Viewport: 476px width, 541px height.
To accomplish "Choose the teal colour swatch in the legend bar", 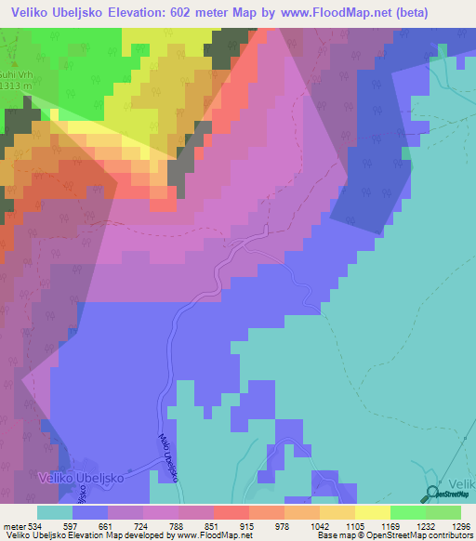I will (x=55, y=512).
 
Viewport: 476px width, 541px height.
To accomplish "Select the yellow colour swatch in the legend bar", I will (x=373, y=512).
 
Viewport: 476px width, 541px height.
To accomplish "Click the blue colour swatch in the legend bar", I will (x=90, y=512).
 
